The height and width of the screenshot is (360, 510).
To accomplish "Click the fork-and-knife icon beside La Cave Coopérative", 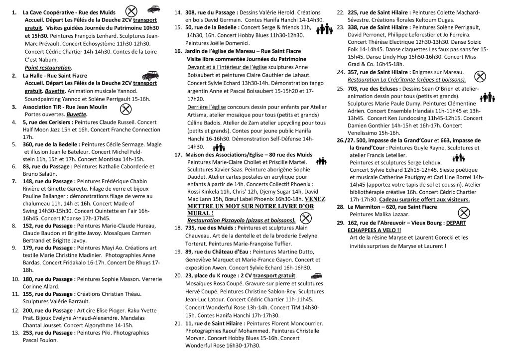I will click(130, 10).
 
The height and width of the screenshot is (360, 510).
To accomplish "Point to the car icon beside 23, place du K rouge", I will click(315, 275).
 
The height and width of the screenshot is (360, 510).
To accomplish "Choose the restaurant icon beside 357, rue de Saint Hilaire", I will click(480, 76).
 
